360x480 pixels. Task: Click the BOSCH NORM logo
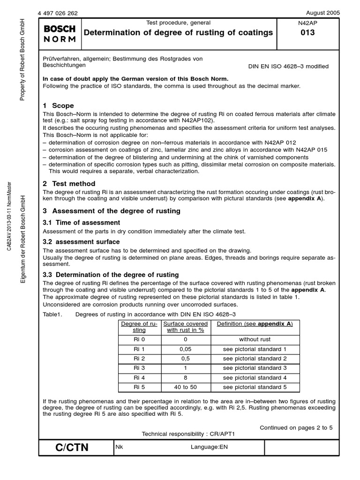(x=60, y=33)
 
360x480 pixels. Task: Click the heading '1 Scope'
(x=59, y=106)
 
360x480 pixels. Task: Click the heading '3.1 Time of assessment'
(x=82, y=223)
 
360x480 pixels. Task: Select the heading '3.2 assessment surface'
(x=82, y=242)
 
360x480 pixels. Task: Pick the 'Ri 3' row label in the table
(x=139, y=368)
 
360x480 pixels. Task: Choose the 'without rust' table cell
(x=255, y=339)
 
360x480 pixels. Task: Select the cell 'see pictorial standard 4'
(x=255, y=378)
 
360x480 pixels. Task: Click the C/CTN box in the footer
(x=72, y=448)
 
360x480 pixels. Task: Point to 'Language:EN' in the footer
(x=209, y=448)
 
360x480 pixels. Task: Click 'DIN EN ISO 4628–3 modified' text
(x=288, y=67)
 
